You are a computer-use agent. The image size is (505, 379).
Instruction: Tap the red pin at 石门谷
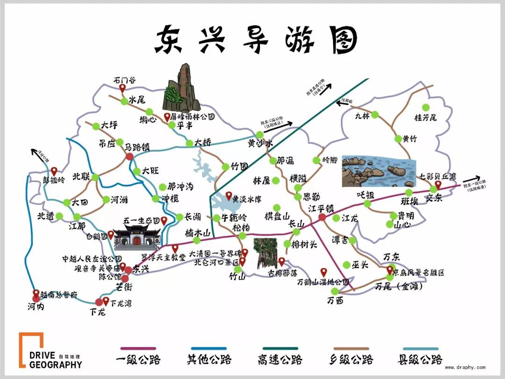123,88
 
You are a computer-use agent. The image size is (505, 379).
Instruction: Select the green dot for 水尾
123,101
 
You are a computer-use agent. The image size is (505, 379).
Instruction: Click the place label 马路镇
137,147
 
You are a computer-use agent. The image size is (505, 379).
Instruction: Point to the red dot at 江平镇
322,217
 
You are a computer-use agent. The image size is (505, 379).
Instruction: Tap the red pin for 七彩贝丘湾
438,184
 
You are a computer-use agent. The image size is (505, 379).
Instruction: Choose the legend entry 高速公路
280,359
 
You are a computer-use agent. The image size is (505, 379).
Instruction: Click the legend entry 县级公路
420,359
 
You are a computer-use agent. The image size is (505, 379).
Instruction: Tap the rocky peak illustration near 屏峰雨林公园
182,88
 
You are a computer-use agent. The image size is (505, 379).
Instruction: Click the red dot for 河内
36,299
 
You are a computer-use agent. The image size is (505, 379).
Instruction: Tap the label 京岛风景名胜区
418,272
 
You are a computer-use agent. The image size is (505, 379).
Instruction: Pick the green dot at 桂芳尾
425,108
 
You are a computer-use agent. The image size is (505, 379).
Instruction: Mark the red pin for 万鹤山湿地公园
323,272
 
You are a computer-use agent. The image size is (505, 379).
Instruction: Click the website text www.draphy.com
465,367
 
